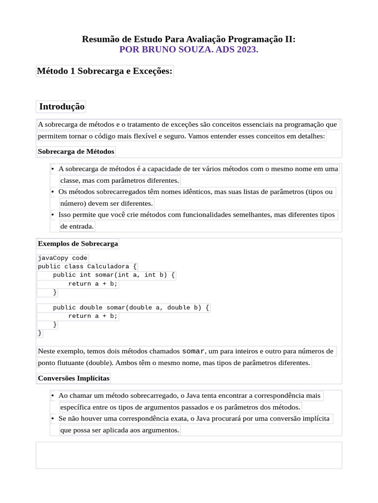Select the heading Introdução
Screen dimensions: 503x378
point(62,107)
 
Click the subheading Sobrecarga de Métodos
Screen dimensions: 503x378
point(76,151)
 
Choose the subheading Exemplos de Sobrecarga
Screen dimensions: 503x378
point(78,244)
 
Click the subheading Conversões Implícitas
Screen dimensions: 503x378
point(74,378)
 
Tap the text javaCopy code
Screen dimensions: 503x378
point(63,258)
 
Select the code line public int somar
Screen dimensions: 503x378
point(114,275)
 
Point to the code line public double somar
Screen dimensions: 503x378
point(131,307)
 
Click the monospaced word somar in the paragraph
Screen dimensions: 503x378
point(193,351)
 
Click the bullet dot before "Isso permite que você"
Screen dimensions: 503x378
point(52,215)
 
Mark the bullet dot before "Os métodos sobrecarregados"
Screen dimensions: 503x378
point(52,192)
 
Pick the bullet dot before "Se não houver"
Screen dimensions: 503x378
point(52,419)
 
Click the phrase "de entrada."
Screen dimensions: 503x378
point(77,226)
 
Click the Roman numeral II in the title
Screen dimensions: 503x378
point(290,39)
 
